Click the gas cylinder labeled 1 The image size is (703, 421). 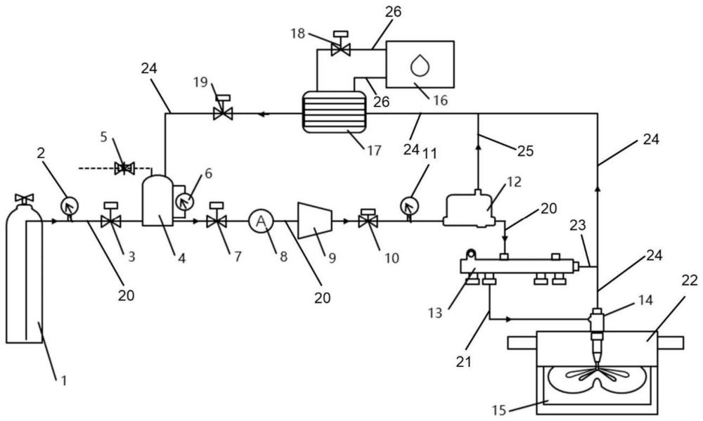point(24,281)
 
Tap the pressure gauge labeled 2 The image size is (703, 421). point(69,205)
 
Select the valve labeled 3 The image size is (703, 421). point(110,221)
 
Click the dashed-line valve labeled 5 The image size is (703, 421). point(125,168)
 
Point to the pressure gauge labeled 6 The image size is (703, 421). point(184,202)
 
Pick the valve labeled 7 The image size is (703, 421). point(216,221)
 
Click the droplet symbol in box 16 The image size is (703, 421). point(420,65)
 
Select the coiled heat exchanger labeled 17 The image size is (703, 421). point(335,112)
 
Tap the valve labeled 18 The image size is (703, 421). point(342,48)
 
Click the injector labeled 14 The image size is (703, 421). point(597,330)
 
